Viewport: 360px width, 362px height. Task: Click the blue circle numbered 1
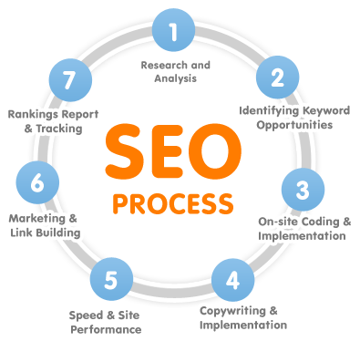point(171,34)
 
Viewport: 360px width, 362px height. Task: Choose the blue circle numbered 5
point(110,278)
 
